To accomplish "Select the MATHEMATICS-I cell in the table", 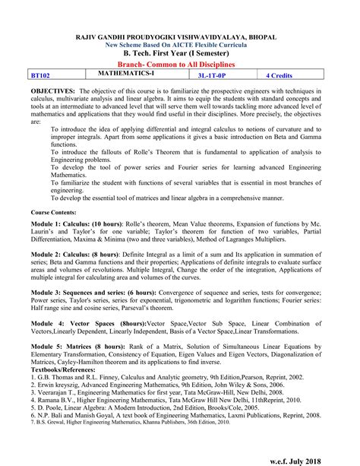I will [126, 73].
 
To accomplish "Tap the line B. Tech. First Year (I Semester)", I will [179, 54].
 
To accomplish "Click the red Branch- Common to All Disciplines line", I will [179, 65].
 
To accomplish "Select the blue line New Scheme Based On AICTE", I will [179, 45].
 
